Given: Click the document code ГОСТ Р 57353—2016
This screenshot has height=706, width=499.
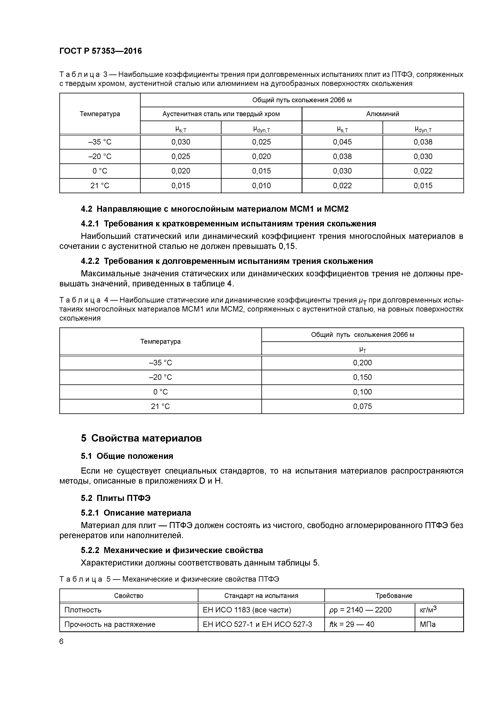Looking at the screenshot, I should pos(101,51).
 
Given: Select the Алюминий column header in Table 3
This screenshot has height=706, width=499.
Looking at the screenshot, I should pos(382,114).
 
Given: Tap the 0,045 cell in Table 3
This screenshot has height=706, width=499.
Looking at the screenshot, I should pos(342,142).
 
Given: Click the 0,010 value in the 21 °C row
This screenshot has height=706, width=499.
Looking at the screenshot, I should pos(261,186).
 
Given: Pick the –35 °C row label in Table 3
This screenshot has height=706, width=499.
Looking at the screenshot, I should pos(100,142).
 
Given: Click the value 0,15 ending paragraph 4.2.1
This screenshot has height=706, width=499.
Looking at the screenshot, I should pos(288,246).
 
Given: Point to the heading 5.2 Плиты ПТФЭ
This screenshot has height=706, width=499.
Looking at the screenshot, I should pos(116,498).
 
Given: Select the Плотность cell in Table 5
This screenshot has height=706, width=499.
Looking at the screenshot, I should pos(83,610).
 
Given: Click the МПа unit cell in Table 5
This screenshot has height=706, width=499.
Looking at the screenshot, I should pos(428,624).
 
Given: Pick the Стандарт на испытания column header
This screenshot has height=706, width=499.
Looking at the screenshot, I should pos(261,596).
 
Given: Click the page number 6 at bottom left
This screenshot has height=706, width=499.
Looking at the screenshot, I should pos(62,641).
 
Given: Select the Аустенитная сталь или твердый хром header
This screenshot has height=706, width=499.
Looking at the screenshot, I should pos(221,114).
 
